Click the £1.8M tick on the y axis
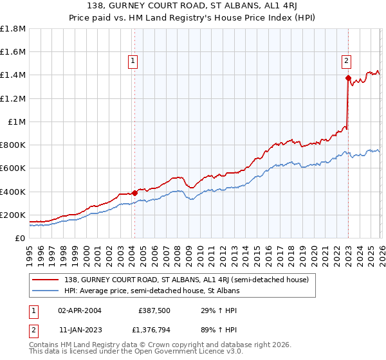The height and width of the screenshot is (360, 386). pos(13,29)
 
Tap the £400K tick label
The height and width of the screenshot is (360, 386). pos(13,192)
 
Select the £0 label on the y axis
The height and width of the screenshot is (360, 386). pos(21,238)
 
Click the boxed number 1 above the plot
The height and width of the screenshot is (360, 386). pos(133,61)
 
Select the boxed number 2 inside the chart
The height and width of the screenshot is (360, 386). pos(346,61)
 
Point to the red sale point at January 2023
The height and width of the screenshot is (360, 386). pos(348,78)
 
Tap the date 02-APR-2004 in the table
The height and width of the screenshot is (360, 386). pos(80,310)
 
